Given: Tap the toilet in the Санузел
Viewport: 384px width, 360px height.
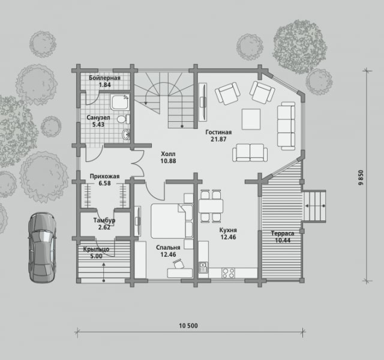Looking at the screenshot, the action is click(123, 119).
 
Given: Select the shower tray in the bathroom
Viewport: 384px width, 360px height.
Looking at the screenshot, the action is click(120, 103).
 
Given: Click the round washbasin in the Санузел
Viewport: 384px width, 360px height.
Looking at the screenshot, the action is click(126, 134).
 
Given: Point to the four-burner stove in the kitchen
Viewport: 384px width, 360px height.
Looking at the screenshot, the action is click(228, 273).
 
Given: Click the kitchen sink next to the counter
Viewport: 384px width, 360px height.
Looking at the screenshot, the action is click(203, 268).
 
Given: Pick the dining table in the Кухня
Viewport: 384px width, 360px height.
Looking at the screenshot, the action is click(211, 206).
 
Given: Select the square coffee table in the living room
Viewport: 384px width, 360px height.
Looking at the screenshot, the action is click(251, 119).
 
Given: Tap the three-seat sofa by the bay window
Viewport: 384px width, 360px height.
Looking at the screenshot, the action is click(286, 126).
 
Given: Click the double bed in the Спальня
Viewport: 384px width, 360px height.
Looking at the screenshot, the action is click(172, 221).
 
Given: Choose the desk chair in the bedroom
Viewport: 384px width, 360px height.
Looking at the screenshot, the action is click(179, 264).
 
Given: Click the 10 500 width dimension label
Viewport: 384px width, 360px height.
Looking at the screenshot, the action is click(188, 326).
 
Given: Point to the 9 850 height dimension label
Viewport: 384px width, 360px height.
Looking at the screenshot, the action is click(361, 178).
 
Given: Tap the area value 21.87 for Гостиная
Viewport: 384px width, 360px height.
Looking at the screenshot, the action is click(218, 139).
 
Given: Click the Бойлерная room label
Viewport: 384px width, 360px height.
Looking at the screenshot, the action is click(104, 78).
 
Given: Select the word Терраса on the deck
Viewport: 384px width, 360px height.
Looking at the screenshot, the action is click(283, 233).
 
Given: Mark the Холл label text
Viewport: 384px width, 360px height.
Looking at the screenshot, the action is click(168, 154).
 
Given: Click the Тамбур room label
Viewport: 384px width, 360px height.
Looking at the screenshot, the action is click(104, 220).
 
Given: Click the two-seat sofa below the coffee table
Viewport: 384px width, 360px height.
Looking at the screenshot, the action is click(250, 152).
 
